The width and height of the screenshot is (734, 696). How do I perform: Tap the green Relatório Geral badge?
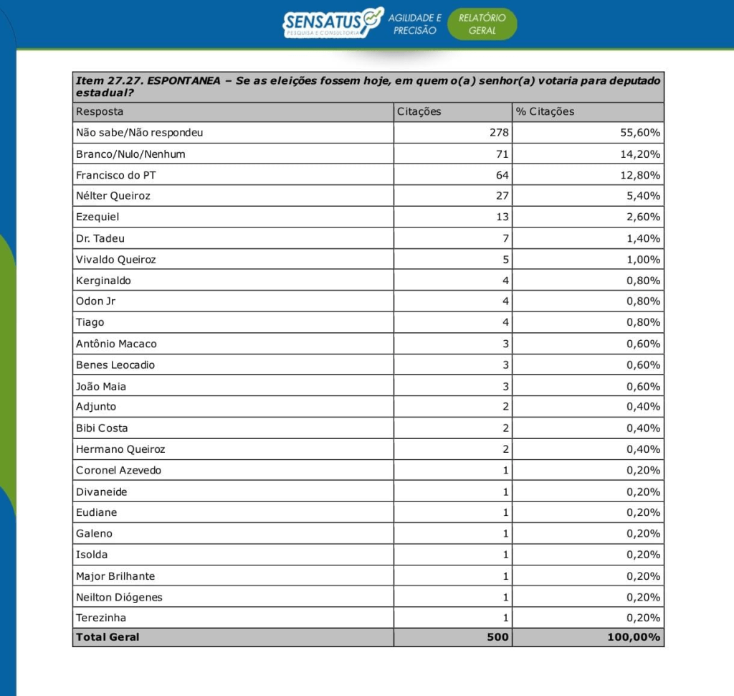point(482,24)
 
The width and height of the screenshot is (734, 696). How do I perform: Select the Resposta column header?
point(100,112)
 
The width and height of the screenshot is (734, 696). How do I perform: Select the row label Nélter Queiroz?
point(113,196)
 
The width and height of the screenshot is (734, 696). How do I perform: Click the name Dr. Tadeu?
point(100,238)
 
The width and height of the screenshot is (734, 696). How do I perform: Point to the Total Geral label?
point(108,637)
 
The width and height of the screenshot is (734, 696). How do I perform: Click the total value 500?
point(497,637)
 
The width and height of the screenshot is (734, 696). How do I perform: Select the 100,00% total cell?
point(634,637)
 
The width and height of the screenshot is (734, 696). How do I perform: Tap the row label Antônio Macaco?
point(116,344)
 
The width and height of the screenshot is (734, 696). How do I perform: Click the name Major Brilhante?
point(115,576)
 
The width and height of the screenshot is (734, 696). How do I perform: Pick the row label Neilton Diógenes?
point(119,597)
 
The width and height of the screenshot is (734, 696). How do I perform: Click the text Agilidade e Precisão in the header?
point(415,24)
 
